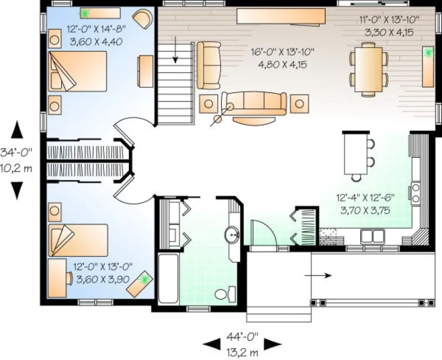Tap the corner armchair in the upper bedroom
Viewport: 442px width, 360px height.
point(143,18)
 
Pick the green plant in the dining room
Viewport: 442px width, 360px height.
point(429,53)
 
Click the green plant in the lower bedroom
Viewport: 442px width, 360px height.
point(145,279)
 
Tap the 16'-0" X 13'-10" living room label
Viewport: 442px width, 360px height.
point(283,52)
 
